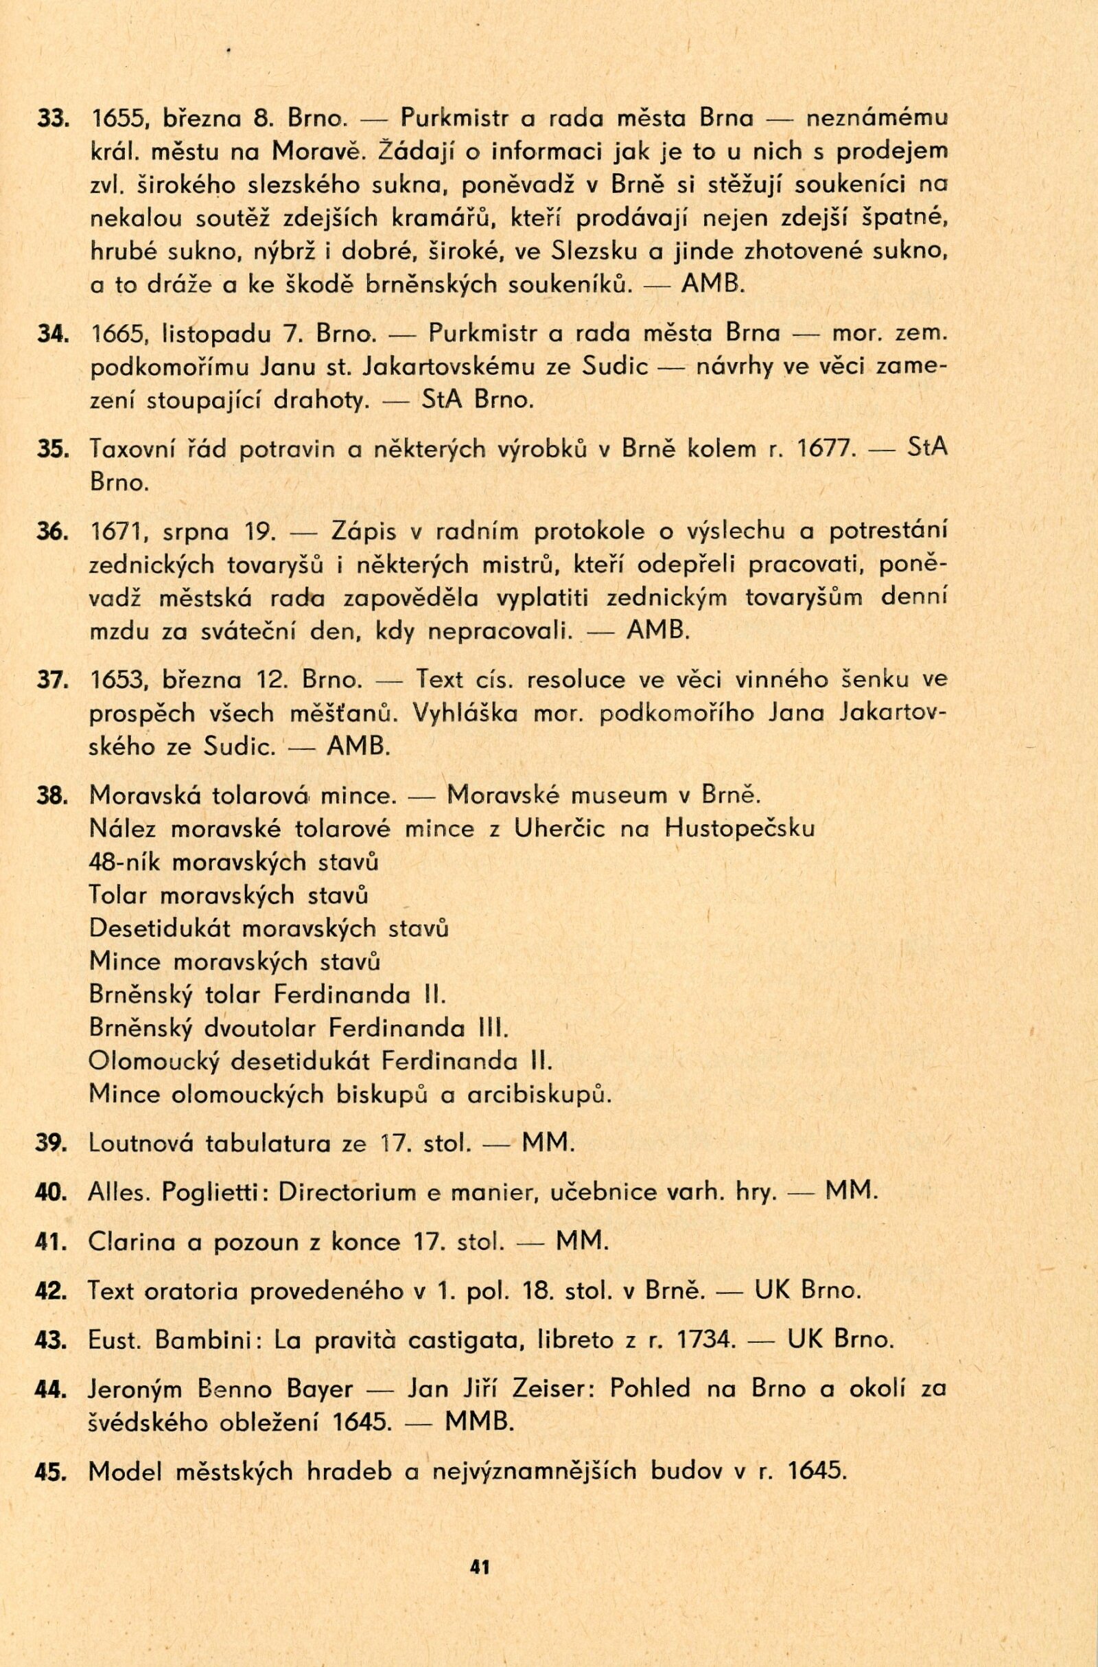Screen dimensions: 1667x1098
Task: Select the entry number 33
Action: tap(51, 119)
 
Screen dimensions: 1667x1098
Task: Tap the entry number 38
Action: tap(51, 796)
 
